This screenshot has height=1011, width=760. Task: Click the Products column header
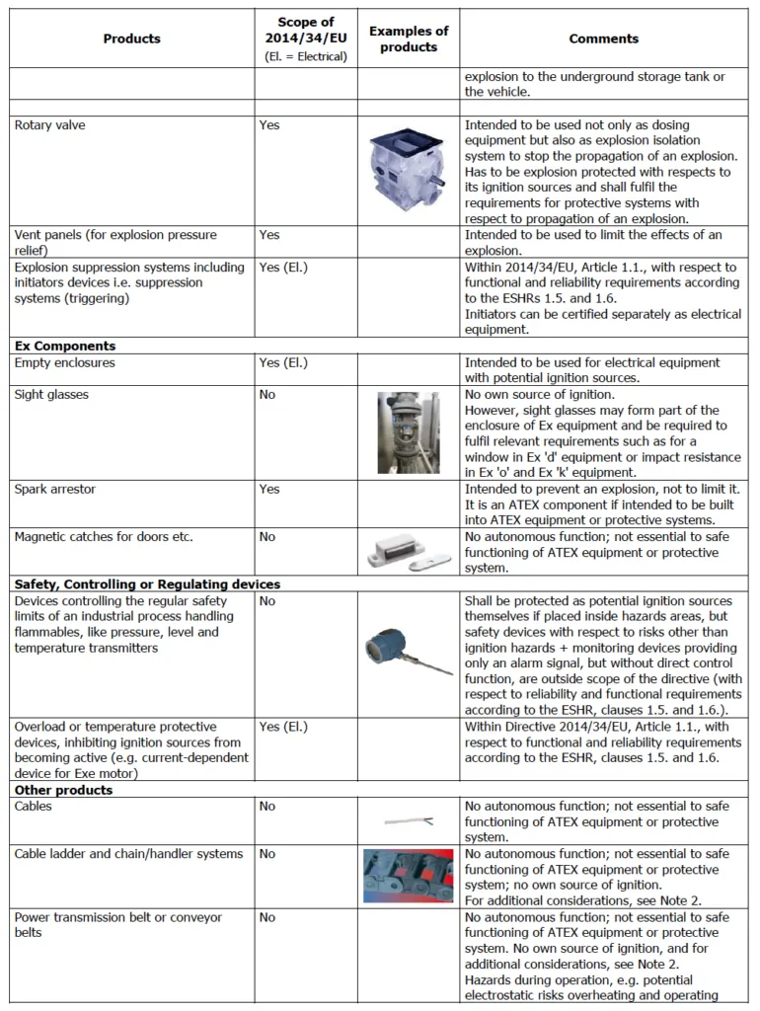tap(131, 39)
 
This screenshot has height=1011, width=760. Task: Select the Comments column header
tap(603, 39)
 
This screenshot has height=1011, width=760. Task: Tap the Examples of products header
tap(408, 39)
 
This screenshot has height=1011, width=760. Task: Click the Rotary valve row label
tap(50, 125)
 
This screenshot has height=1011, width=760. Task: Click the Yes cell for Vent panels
tap(269, 235)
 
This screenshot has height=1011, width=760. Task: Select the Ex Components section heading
tap(65, 347)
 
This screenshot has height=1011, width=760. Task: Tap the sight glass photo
tap(408, 431)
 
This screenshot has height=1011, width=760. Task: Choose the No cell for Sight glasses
tap(267, 395)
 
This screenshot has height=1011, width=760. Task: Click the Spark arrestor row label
tap(55, 490)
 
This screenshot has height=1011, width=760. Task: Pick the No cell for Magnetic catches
tap(267, 537)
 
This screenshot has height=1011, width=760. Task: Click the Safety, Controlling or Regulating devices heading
tap(147, 584)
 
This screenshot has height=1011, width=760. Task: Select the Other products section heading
tap(63, 791)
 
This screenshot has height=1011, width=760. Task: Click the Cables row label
tap(34, 807)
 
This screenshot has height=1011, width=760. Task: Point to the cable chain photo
tap(408, 876)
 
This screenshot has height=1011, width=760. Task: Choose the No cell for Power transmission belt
tap(267, 917)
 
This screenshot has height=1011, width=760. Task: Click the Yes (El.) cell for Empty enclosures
tap(283, 363)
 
